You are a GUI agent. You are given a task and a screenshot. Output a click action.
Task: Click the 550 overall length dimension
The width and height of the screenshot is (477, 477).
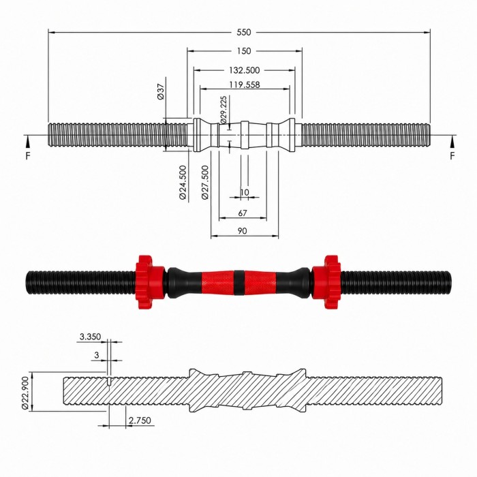[244, 32]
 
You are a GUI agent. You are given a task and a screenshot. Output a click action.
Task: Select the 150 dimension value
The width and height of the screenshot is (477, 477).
[244, 51]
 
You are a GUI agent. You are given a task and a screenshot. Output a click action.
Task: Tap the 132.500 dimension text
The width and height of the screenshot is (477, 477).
[244, 70]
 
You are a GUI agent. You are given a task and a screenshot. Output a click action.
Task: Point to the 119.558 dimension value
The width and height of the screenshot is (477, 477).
[244, 84]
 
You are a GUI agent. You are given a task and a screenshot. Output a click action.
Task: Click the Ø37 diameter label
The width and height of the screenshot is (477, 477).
[161, 91]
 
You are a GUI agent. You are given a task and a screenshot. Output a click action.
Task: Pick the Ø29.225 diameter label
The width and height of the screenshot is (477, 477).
[224, 110]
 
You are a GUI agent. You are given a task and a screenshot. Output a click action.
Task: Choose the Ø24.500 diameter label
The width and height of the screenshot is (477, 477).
[183, 182]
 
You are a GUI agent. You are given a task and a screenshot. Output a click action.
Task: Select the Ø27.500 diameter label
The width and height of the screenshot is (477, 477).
[205, 182]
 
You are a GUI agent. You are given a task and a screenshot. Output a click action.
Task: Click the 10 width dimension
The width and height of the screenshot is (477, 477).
[244, 192]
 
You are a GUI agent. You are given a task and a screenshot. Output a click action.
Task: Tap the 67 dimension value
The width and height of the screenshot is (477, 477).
[243, 213]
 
